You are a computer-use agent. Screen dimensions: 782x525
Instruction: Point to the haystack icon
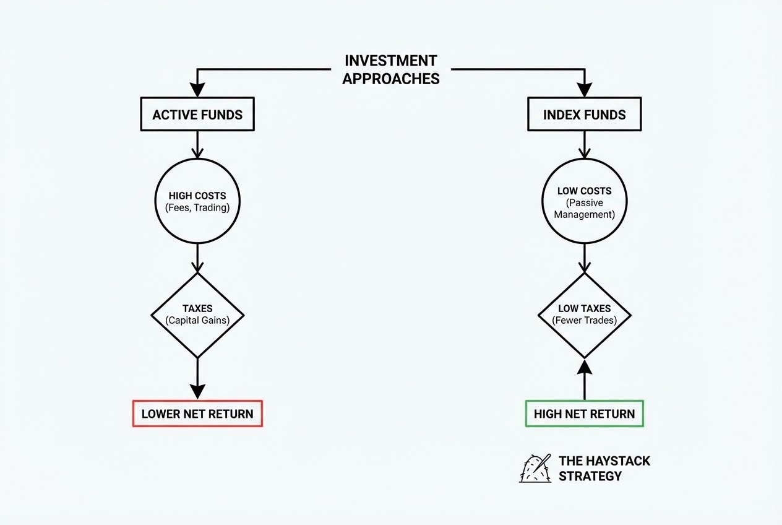pos(535,469)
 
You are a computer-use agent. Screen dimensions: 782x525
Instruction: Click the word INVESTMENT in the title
pos(390,61)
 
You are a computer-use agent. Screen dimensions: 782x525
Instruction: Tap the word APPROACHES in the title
pos(390,79)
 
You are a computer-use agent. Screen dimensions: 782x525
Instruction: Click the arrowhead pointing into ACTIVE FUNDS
pos(197,90)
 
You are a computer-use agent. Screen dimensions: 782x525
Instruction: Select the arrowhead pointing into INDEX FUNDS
pos(585,90)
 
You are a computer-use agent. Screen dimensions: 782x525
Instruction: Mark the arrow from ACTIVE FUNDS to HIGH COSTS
pos(197,145)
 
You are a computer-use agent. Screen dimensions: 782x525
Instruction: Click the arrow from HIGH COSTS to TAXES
pos(197,258)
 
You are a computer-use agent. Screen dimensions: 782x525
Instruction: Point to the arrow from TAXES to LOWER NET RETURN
pos(197,379)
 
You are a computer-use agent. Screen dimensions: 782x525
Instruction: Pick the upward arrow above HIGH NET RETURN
pos(585,380)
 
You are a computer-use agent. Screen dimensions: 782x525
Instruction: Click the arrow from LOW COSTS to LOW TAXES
pos(585,258)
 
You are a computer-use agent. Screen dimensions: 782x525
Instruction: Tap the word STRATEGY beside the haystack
pos(590,476)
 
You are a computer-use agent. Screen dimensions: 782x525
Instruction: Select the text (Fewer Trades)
pos(585,320)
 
